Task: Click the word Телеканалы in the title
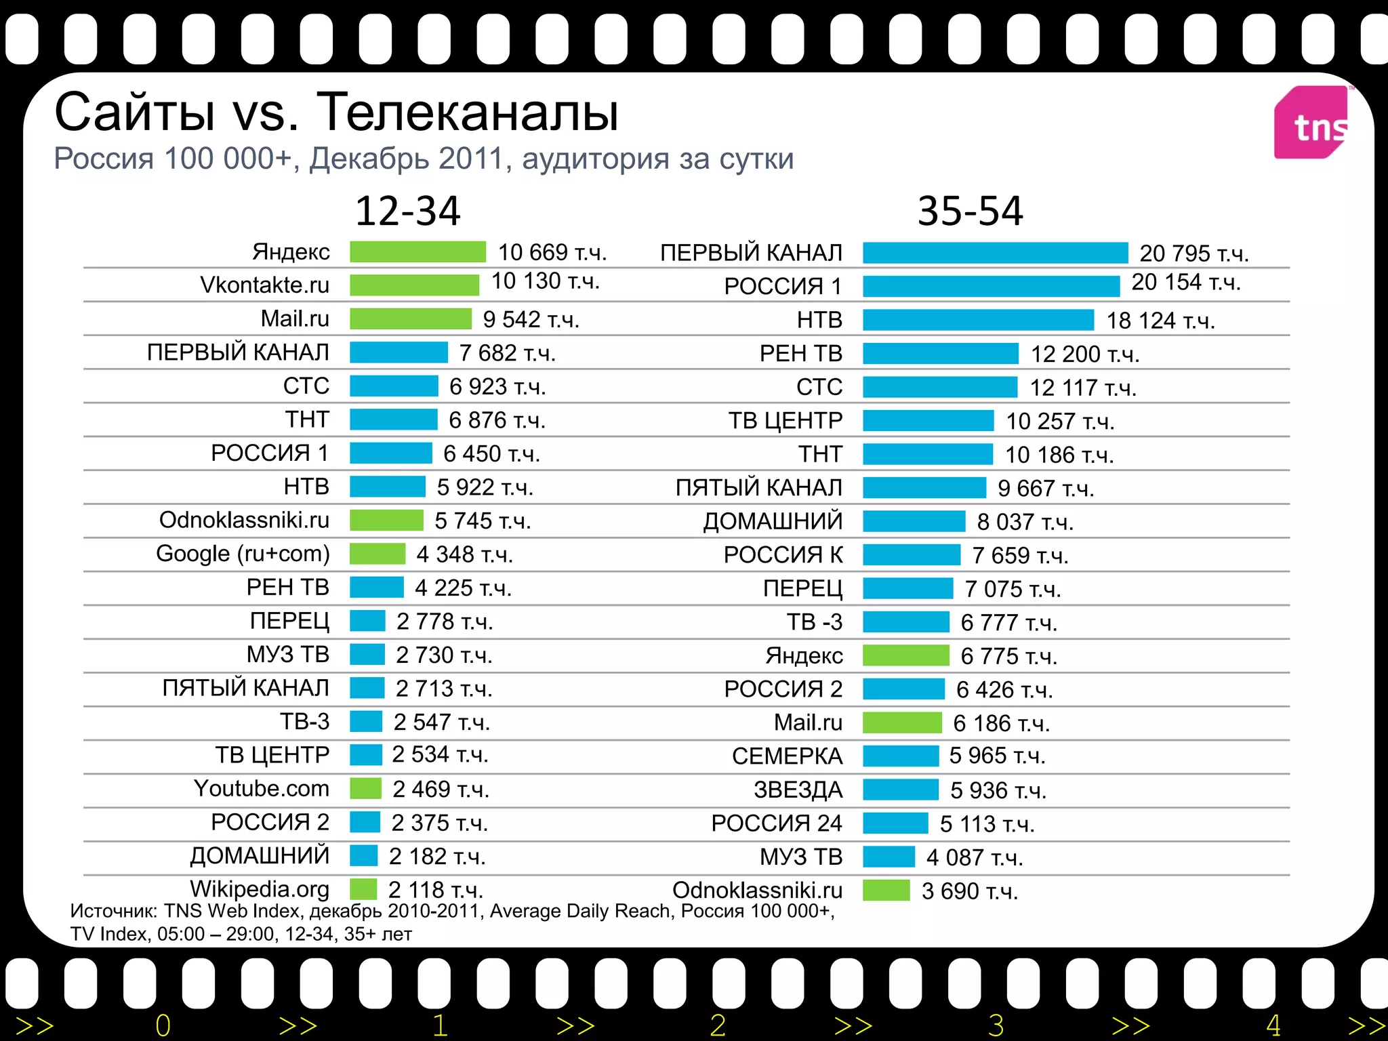(468, 112)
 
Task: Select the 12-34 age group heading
(407, 211)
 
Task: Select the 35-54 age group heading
(970, 211)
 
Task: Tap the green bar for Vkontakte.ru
(414, 285)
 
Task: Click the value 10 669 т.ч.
(552, 252)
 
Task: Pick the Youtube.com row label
(261, 788)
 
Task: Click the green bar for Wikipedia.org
(363, 889)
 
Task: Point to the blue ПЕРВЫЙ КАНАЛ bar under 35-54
(995, 252)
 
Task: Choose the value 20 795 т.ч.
(1193, 253)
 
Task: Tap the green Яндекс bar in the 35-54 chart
(905, 655)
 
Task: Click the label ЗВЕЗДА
(798, 790)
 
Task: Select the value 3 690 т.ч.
(969, 891)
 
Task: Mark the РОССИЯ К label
(783, 555)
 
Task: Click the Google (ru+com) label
(243, 554)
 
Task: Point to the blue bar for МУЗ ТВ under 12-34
(367, 655)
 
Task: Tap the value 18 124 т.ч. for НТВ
(1160, 321)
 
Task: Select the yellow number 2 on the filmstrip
(718, 1025)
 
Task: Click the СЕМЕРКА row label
(787, 756)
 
